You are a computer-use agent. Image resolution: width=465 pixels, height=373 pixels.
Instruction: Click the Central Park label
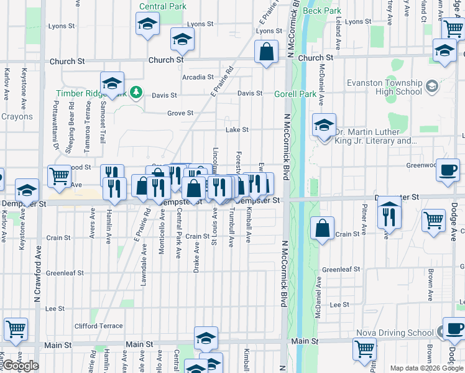(162, 6)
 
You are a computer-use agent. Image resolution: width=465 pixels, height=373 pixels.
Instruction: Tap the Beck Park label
(323, 11)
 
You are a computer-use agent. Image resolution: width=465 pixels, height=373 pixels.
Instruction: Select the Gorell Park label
(295, 94)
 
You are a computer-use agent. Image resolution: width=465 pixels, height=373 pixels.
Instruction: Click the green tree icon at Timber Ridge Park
(136, 94)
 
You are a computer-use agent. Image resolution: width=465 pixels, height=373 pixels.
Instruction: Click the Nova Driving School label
(394, 333)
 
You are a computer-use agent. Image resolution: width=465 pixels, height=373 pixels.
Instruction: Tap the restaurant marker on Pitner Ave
(389, 214)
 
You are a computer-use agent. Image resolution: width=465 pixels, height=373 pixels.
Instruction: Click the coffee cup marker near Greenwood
(448, 170)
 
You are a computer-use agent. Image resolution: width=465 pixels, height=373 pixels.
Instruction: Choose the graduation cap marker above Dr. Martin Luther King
(324, 125)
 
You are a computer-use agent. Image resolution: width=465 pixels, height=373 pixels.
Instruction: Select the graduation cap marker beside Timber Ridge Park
(112, 83)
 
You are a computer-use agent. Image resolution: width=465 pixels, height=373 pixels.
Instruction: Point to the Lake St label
(236, 130)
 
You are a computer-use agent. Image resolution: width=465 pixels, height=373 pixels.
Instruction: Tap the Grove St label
(180, 113)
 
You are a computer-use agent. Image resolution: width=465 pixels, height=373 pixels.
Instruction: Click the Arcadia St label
(198, 77)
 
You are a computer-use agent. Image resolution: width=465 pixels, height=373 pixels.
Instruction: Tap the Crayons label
(17, 116)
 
